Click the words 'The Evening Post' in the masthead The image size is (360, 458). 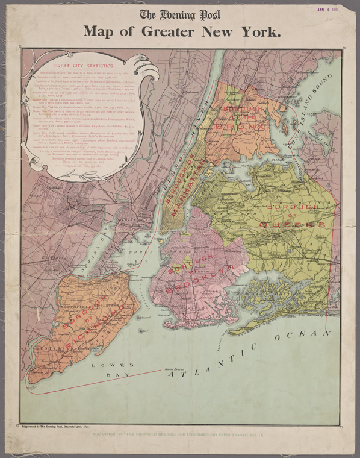(180, 15)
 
